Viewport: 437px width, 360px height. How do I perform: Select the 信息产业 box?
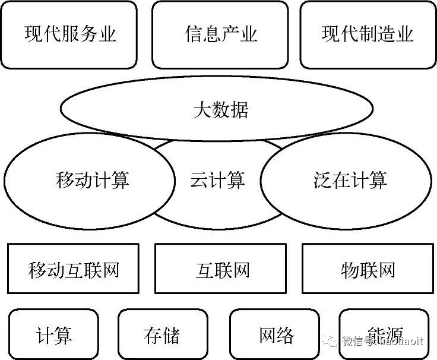click(220, 34)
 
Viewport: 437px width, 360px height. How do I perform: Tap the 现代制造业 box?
click(367, 34)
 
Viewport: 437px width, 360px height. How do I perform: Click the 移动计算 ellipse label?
click(92, 179)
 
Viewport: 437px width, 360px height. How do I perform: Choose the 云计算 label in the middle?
click(218, 179)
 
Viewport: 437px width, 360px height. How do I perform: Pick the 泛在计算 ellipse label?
click(350, 179)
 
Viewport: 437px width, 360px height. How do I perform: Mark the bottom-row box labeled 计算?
click(54, 335)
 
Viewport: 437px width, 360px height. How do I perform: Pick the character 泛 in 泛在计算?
click(322, 179)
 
